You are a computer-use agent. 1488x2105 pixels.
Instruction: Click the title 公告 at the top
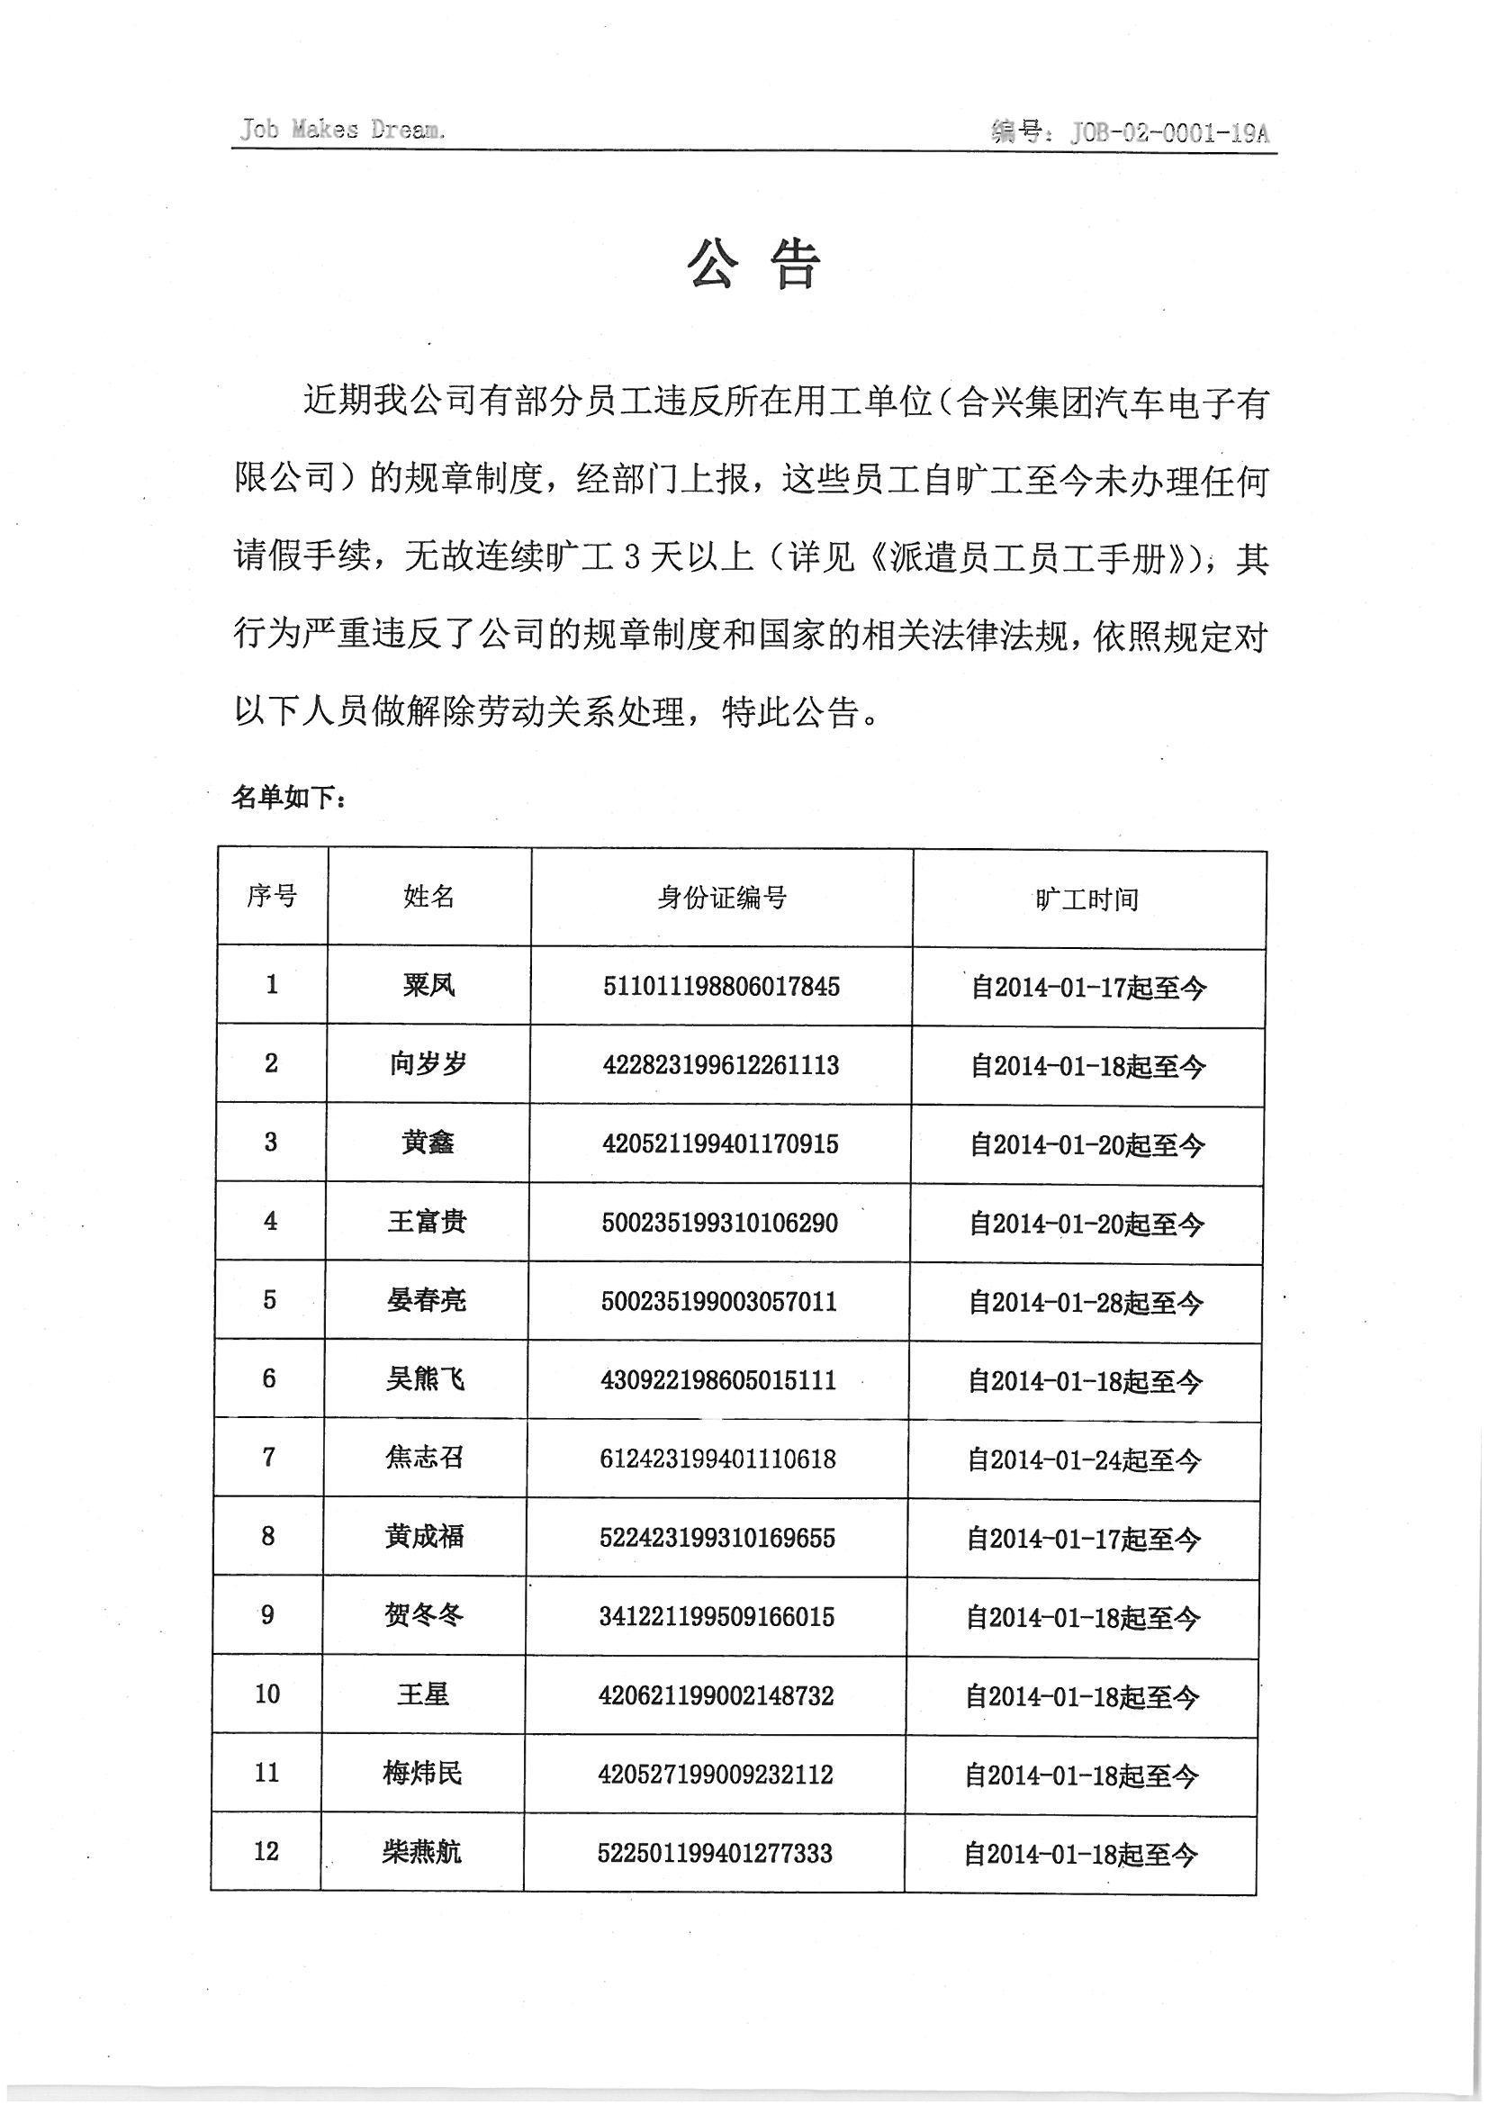click(753, 266)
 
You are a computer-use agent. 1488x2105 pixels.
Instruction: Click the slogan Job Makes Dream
click(342, 130)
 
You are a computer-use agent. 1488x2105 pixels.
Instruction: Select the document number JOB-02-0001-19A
click(1169, 134)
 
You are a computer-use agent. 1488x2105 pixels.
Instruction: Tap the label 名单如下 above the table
click(289, 798)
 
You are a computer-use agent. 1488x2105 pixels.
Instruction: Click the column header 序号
click(271, 896)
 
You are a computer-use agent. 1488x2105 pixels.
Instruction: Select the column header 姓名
click(428, 897)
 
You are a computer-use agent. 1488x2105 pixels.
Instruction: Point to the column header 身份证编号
click(722, 899)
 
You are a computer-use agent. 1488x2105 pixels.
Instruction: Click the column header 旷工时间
click(1087, 899)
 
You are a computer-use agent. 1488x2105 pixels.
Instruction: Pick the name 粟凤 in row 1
click(428, 986)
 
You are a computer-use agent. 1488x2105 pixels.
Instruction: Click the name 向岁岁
click(428, 1064)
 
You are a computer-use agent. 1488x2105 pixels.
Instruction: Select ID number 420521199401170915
click(720, 1144)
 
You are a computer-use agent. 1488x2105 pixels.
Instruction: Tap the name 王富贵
click(427, 1222)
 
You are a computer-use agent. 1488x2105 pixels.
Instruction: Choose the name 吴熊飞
click(426, 1379)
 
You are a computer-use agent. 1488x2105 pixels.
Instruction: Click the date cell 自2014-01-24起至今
click(1084, 1460)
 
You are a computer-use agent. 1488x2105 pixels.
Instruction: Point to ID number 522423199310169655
click(717, 1538)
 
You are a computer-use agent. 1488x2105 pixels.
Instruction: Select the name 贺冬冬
click(424, 1614)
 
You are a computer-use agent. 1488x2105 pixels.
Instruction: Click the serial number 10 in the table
click(266, 1694)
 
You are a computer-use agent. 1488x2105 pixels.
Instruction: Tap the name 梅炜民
click(423, 1773)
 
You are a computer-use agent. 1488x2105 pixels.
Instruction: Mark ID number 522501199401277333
click(714, 1853)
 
